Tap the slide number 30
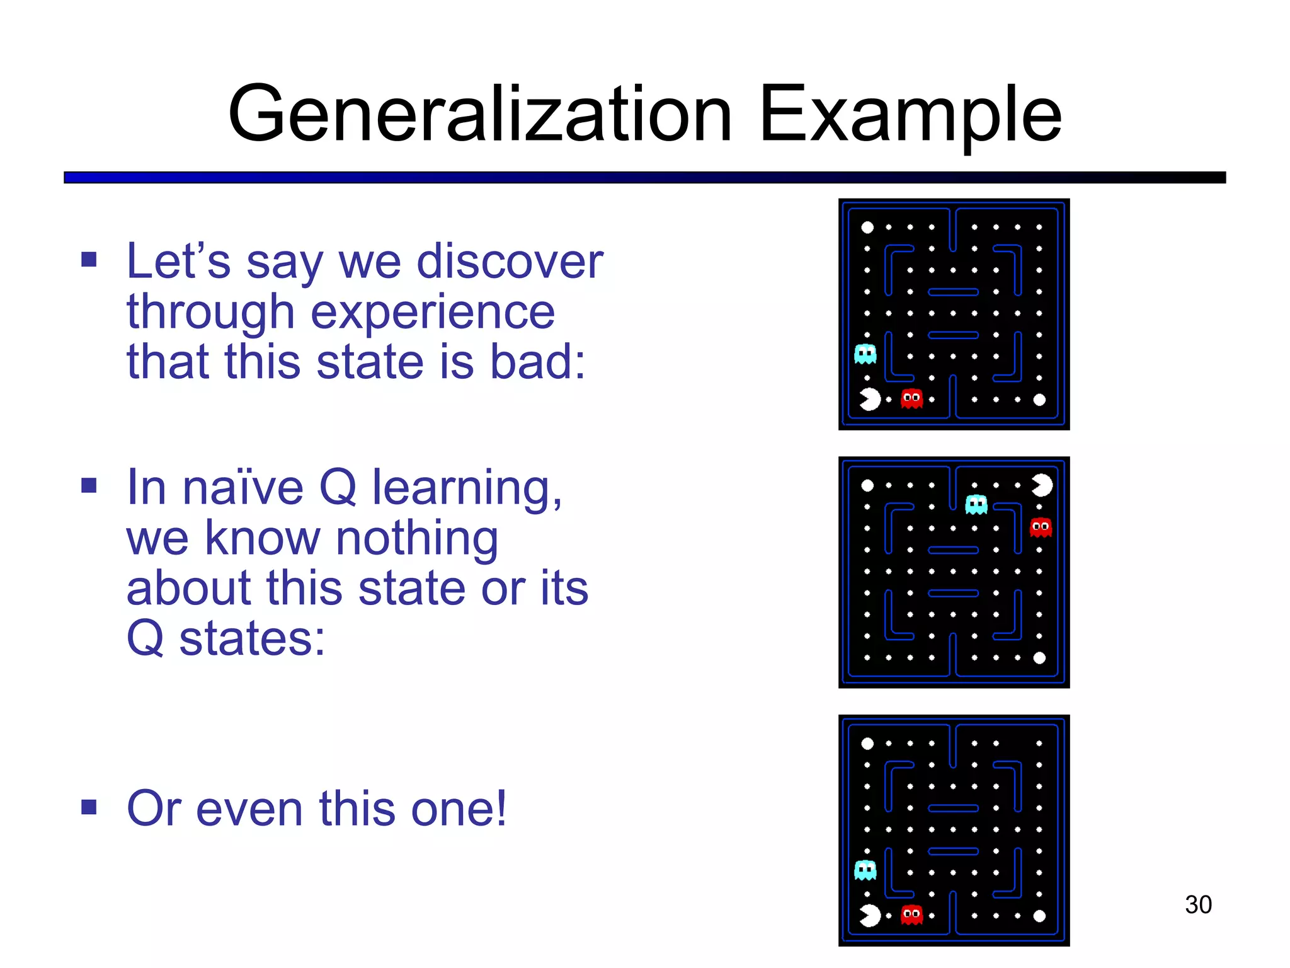pos(1197,904)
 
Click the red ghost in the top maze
pos(911,398)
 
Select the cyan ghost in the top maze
pos(865,354)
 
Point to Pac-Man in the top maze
pos(870,399)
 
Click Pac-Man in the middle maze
pos(1041,485)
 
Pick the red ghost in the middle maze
pos(1041,527)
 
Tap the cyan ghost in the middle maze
pos(976,504)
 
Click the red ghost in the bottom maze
pos(911,914)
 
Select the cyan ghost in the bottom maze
pos(865,870)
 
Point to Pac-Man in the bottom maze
pos(870,916)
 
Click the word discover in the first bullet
pos(510,261)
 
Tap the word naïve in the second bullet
pos(243,488)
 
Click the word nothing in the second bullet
pos(416,538)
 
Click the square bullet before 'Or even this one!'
pos(89,807)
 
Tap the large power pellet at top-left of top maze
pos(867,227)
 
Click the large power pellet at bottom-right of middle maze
pos(1039,658)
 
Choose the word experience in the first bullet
pos(433,311)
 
